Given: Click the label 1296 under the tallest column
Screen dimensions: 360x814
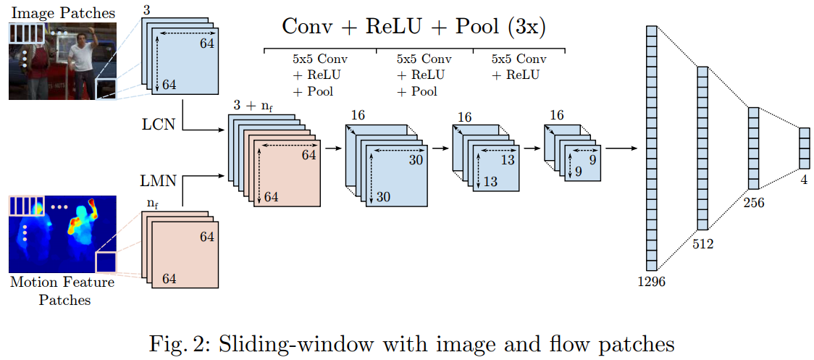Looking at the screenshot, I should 651,281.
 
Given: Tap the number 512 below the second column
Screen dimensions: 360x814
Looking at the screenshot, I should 702,243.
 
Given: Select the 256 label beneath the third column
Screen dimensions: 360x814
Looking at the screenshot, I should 753,203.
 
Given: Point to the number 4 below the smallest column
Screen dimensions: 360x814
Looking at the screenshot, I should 804,179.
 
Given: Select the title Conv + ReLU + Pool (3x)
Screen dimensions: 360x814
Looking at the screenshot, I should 414,27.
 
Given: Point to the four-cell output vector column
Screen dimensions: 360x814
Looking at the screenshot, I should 804,147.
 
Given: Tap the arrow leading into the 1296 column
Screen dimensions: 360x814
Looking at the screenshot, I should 621,148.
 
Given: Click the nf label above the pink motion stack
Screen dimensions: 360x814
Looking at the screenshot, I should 153,205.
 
